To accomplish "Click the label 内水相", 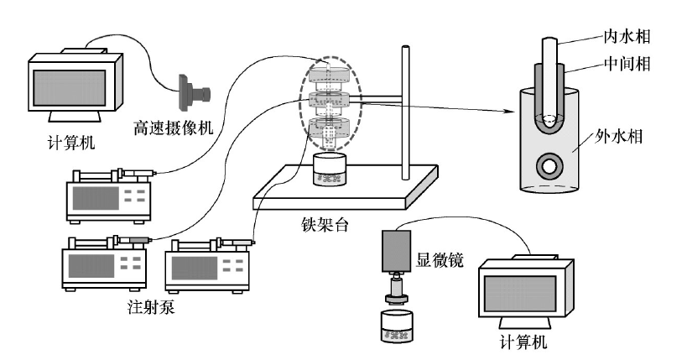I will (627, 36).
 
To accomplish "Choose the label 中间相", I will (627, 63).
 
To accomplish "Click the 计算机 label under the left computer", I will (70, 141).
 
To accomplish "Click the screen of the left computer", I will (68, 86).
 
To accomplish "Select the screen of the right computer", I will (525, 294).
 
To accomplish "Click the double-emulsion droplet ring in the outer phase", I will (551, 165).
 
